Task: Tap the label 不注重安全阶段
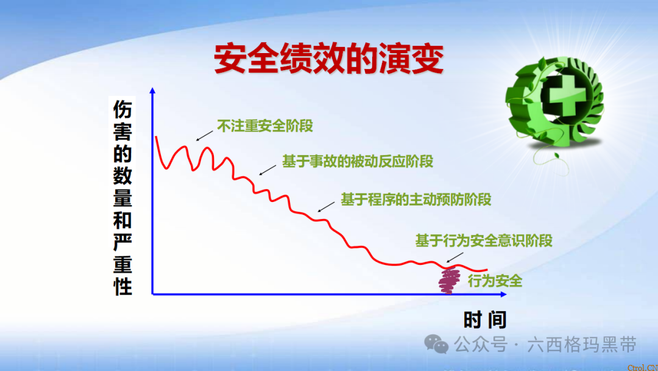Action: click(x=265, y=126)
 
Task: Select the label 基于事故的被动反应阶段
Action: click(x=358, y=161)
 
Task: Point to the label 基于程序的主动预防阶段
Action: click(x=416, y=200)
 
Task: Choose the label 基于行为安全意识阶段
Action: click(x=484, y=240)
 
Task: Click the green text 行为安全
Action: click(x=495, y=281)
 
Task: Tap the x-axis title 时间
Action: click(x=484, y=319)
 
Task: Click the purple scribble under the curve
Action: click(x=450, y=281)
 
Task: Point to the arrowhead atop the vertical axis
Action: click(x=152, y=91)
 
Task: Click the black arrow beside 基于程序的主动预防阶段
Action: click(x=326, y=206)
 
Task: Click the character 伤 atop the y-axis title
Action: click(x=122, y=109)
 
